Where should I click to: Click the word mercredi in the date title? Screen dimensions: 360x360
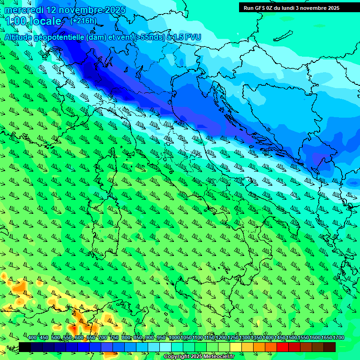tap(23, 10)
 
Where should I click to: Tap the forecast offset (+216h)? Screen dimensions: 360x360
tap(83, 21)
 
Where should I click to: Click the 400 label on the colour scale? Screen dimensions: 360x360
tap(32, 337)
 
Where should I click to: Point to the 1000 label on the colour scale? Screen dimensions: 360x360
tap(174, 337)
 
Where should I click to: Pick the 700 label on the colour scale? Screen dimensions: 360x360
tap(103, 337)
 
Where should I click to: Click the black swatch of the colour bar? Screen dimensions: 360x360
tap(25, 347)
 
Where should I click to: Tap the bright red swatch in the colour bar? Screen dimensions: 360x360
tap(283, 347)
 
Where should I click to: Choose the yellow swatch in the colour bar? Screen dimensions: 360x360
tap(236, 347)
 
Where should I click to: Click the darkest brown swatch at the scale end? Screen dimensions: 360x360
tap(330, 347)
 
